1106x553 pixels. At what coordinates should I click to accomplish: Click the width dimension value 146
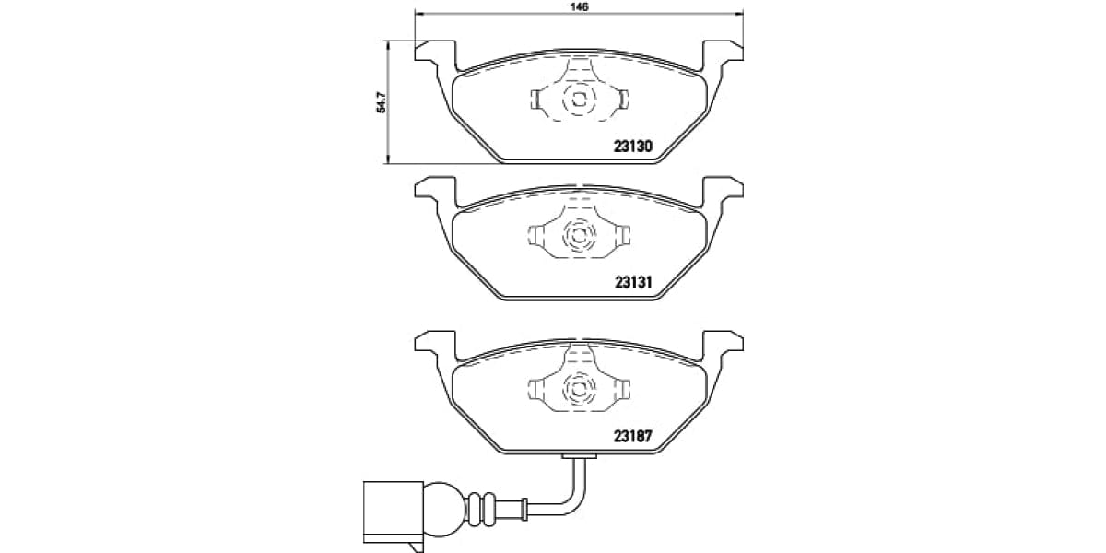pos(579,7)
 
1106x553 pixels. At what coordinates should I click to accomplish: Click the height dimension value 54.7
pos(379,102)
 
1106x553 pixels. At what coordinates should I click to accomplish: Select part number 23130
pos(633,147)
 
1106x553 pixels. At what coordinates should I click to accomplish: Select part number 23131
pos(633,284)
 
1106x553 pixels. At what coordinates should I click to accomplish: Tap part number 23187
pos(633,438)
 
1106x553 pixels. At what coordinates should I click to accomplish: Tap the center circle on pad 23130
pos(579,99)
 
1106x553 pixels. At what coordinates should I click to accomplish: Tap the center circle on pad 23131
pos(579,236)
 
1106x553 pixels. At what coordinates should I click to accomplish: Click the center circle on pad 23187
pos(579,389)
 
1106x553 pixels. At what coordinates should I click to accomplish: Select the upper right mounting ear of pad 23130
pos(724,51)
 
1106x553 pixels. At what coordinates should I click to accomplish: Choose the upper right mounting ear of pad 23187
pos(724,342)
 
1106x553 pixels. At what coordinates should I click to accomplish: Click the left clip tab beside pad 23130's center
pos(535,99)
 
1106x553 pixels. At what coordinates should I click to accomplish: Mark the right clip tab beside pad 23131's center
pos(623,236)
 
